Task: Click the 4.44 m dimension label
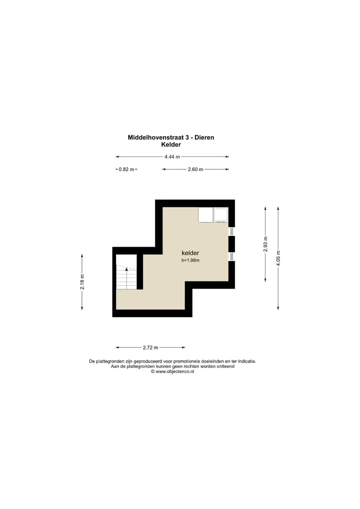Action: [x=172, y=157]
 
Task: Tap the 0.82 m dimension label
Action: [x=126, y=169]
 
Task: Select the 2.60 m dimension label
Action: [x=195, y=169]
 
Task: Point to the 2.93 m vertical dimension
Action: [x=265, y=244]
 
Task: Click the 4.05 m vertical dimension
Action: [x=278, y=258]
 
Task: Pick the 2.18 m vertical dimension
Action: [x=82, y=282]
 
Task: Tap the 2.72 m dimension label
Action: [x=150, y=347]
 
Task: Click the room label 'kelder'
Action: [x=190, y=253]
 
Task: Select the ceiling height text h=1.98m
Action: [x=190, y=260]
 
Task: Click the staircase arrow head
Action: [x=126, y=269]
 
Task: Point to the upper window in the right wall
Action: [x=231, y=231]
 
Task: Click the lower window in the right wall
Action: [x=231, y=256]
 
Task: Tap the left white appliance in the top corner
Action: [x=205, y=215]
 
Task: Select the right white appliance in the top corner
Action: [x=220, y=215]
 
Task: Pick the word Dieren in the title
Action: [x=204, y=137]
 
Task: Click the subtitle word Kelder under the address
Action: [x=171, y=145]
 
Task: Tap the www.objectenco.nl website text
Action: [x=175, y=371]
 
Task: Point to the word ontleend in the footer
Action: [x=225, y=366]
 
